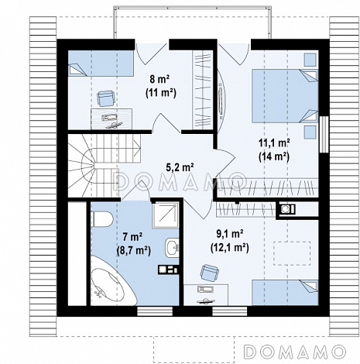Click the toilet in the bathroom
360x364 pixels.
(102, 219)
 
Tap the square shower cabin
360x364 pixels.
(165, 215)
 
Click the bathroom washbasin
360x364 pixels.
(172, 248)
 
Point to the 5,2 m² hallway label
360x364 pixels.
(180, 167)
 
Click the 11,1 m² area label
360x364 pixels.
(274, 143)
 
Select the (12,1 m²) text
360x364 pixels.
(230, 248)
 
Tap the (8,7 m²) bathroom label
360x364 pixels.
(133, 250)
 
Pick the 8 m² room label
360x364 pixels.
(159, 79)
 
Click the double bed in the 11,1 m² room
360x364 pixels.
(285, 95)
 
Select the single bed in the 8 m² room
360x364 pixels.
(101, 64)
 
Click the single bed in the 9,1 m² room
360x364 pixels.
(285, 293)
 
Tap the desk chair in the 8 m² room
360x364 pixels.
(105, 98)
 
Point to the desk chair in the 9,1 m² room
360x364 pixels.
(210, 273)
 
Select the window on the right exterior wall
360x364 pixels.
(324, 134)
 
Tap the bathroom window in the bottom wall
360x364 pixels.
(155, 311)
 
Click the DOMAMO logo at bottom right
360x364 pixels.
(295, 352)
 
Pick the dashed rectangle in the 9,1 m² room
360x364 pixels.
(292, 253)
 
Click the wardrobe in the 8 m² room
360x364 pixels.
(203, 90)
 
